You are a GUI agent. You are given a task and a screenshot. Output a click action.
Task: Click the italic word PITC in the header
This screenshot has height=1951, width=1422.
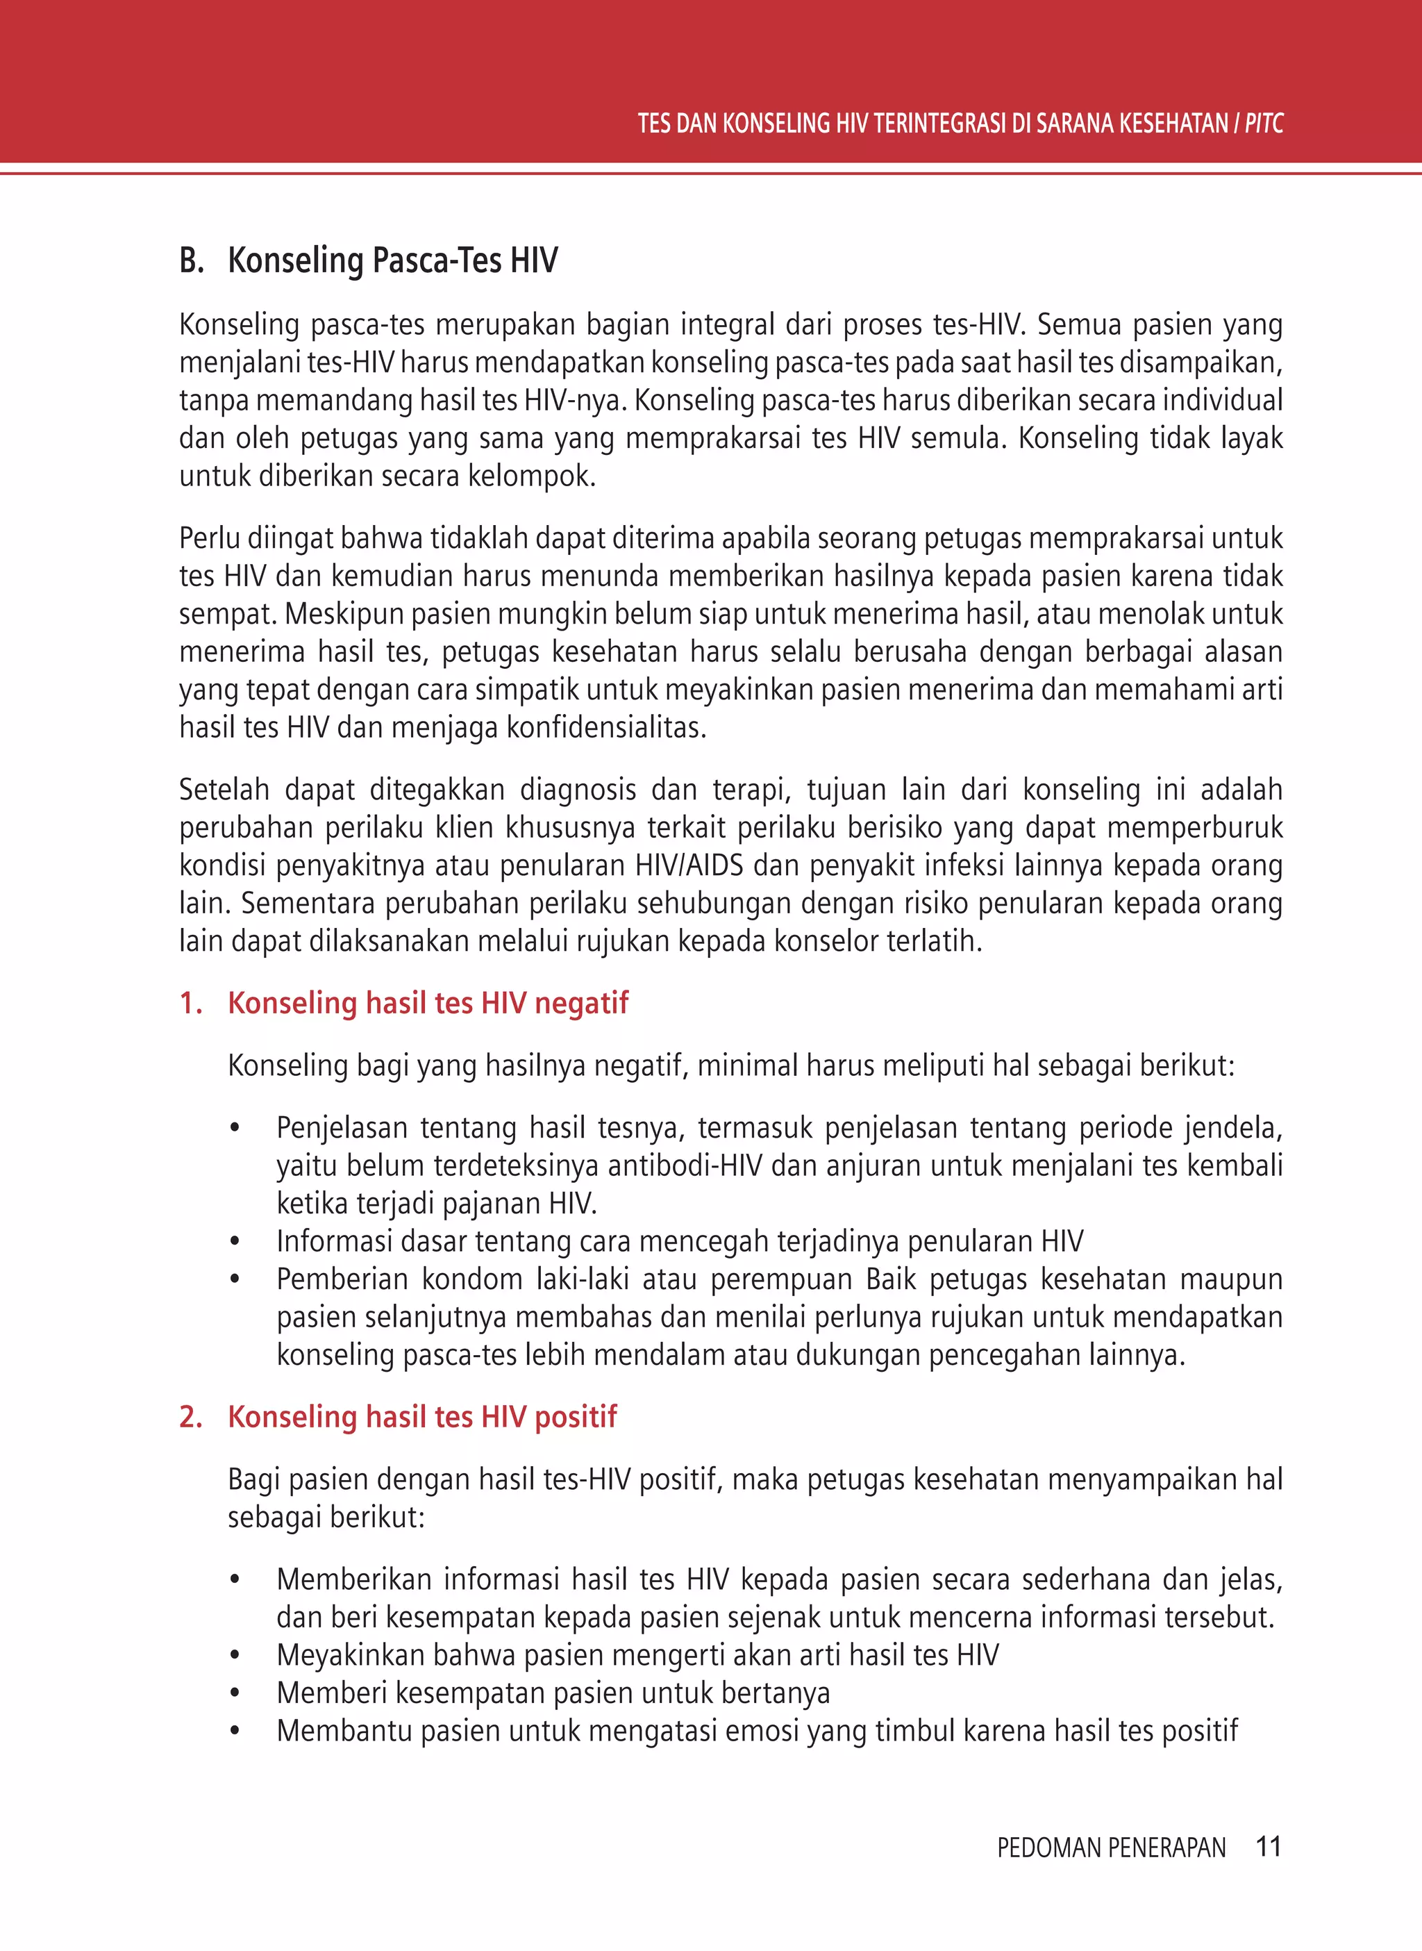[x=1263, y=124]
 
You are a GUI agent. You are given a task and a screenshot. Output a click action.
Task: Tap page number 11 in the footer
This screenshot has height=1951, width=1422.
[x=1268, y=1846]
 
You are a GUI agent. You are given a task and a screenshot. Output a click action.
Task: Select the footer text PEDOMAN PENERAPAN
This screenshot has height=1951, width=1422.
[x=1110, y=1848]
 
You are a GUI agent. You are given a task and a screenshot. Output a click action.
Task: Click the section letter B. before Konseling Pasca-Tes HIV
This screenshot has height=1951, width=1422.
[x=191, y=260]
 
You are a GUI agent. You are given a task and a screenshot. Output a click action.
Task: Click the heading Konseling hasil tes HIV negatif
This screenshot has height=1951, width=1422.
[x=428, y=1003]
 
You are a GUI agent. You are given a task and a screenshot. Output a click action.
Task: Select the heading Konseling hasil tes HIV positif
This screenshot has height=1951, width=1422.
[x=421, y=1416]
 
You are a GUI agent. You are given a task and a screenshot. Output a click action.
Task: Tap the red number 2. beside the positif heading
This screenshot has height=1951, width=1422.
[x=190, y=1416]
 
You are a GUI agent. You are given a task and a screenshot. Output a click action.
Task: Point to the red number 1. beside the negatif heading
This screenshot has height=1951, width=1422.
[x=190, y=1003]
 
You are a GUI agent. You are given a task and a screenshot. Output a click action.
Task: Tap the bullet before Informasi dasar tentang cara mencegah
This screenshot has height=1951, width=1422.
[x=234, y=1242]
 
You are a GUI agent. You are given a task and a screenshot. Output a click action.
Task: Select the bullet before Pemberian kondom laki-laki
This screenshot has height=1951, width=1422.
[x=234, y=1279]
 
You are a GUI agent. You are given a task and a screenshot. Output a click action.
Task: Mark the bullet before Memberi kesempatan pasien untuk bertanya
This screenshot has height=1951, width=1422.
[x=234, y=1693]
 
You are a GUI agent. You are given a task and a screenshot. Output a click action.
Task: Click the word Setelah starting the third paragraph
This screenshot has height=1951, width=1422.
[x=224, y=790]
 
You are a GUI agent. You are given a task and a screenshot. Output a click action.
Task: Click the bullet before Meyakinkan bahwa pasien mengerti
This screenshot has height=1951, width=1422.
[x=234, y=1655]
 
